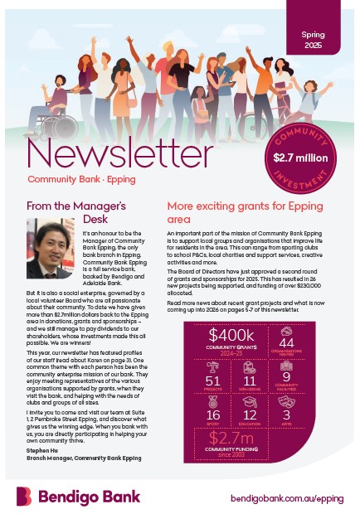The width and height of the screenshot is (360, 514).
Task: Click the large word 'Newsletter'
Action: (x=120, y=155)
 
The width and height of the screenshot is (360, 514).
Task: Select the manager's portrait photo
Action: (x=51, y=248)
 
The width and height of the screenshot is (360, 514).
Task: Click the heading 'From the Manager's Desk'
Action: (x=76, y=212)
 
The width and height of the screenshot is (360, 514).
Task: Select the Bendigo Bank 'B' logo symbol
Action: (x=24, y=496)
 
